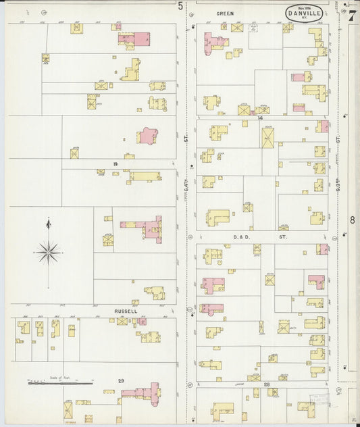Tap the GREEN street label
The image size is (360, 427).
225,13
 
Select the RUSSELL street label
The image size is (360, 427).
125,311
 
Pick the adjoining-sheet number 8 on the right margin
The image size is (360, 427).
352,220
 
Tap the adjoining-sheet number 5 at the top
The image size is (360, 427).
180,6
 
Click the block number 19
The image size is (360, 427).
115,164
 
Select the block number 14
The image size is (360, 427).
259,118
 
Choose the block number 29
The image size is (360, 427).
121,381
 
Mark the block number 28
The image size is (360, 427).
267,384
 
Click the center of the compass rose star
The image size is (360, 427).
48,253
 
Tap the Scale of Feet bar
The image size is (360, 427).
61,382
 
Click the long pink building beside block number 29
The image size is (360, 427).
143,392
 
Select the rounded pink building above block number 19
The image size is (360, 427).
147,136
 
